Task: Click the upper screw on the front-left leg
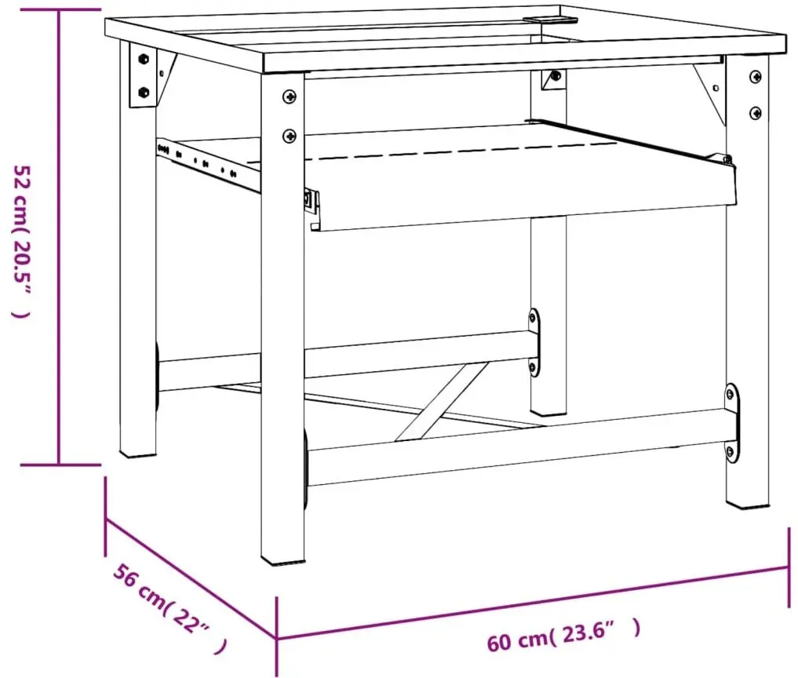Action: coord(290,96)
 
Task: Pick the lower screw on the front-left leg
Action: coord(290,136)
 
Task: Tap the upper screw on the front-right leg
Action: coord(756,77)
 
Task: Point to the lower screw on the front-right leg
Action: coord(756,112)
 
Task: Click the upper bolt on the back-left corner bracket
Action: coord(144,59)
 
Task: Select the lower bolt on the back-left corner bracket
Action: coord(144,93)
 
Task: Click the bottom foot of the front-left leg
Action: coord(283,560)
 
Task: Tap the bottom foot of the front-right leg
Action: coord(747,503)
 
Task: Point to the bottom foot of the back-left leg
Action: coord(137,453)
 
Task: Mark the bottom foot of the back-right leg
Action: coord(548,411)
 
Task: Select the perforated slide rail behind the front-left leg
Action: coord(209,165)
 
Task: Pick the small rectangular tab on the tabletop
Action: coord(551,20)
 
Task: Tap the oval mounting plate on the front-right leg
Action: coord(731,424)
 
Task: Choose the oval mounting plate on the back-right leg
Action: coord(534,343)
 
